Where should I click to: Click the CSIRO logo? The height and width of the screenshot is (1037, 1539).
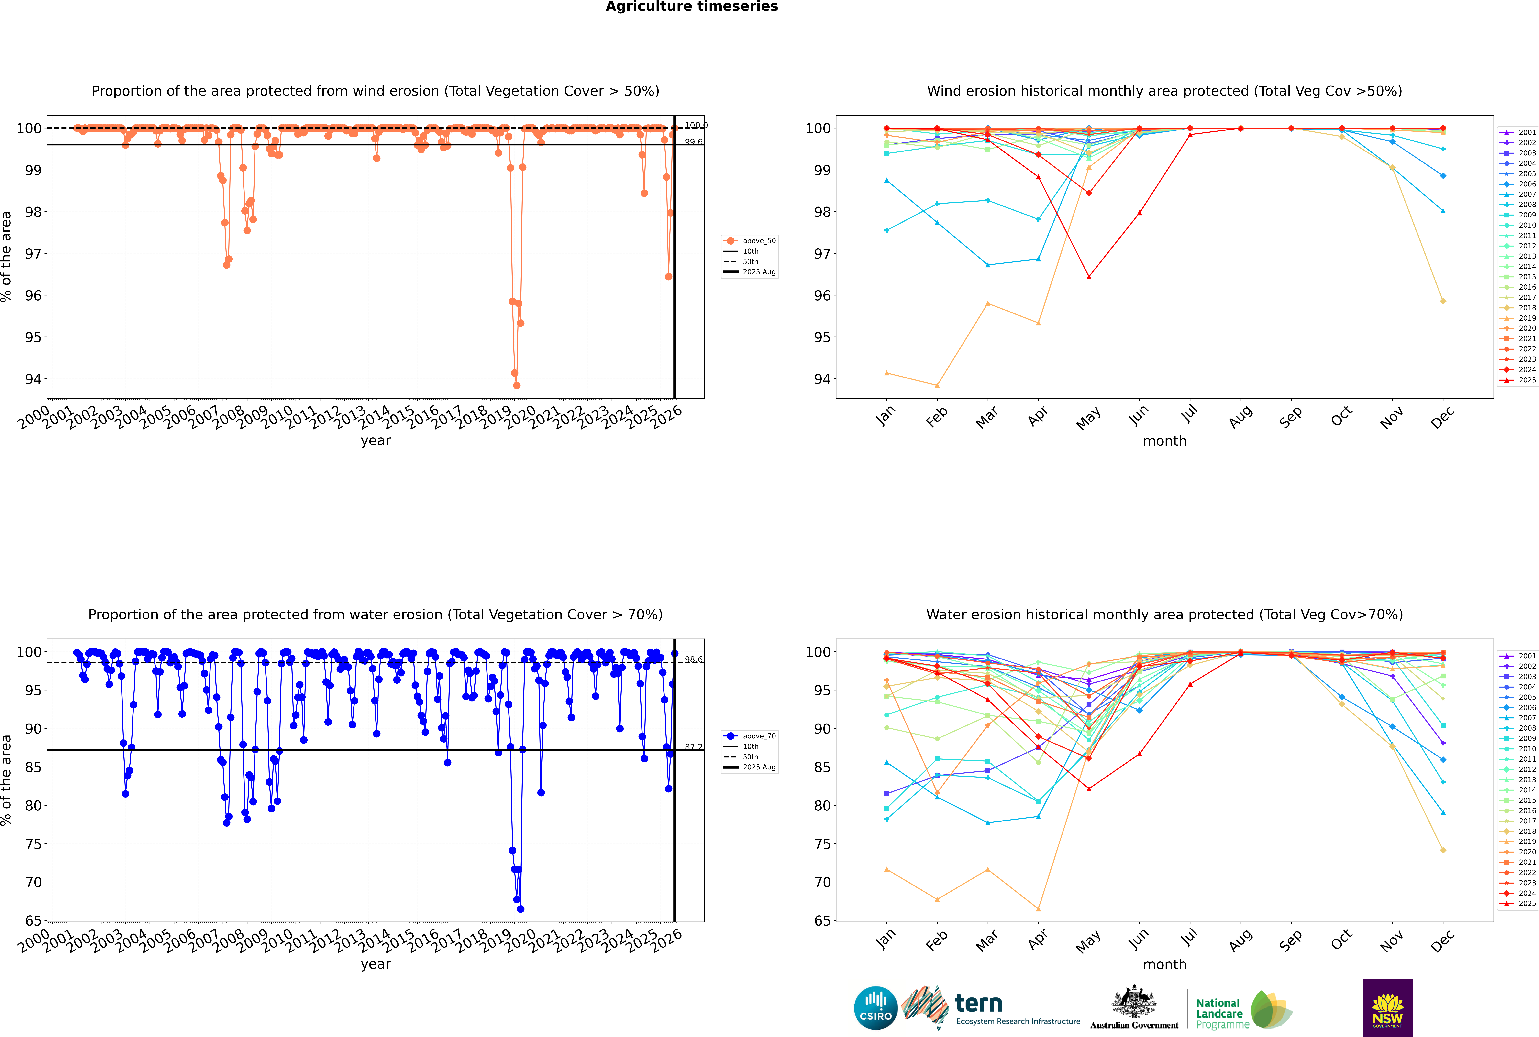point(875,1008)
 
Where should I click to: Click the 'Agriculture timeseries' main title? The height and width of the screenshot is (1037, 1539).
point(691,7)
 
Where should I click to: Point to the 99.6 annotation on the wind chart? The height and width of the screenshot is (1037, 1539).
point(693,142)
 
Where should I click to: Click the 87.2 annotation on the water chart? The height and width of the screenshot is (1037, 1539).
point(693,747)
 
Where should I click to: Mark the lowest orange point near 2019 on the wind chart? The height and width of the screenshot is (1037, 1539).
point(517,386)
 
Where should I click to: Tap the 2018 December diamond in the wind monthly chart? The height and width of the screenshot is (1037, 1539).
point(1443,302)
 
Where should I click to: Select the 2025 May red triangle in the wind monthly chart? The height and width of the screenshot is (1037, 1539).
point(1089,276)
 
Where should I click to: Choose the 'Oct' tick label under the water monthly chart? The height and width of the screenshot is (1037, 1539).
point(1341,940)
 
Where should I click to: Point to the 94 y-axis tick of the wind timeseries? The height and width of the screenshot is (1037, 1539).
point(33,379)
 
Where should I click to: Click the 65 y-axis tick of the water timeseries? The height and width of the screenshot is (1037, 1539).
point(33,921)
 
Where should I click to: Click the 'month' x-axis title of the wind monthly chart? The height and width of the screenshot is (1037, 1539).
point(1164,441)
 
